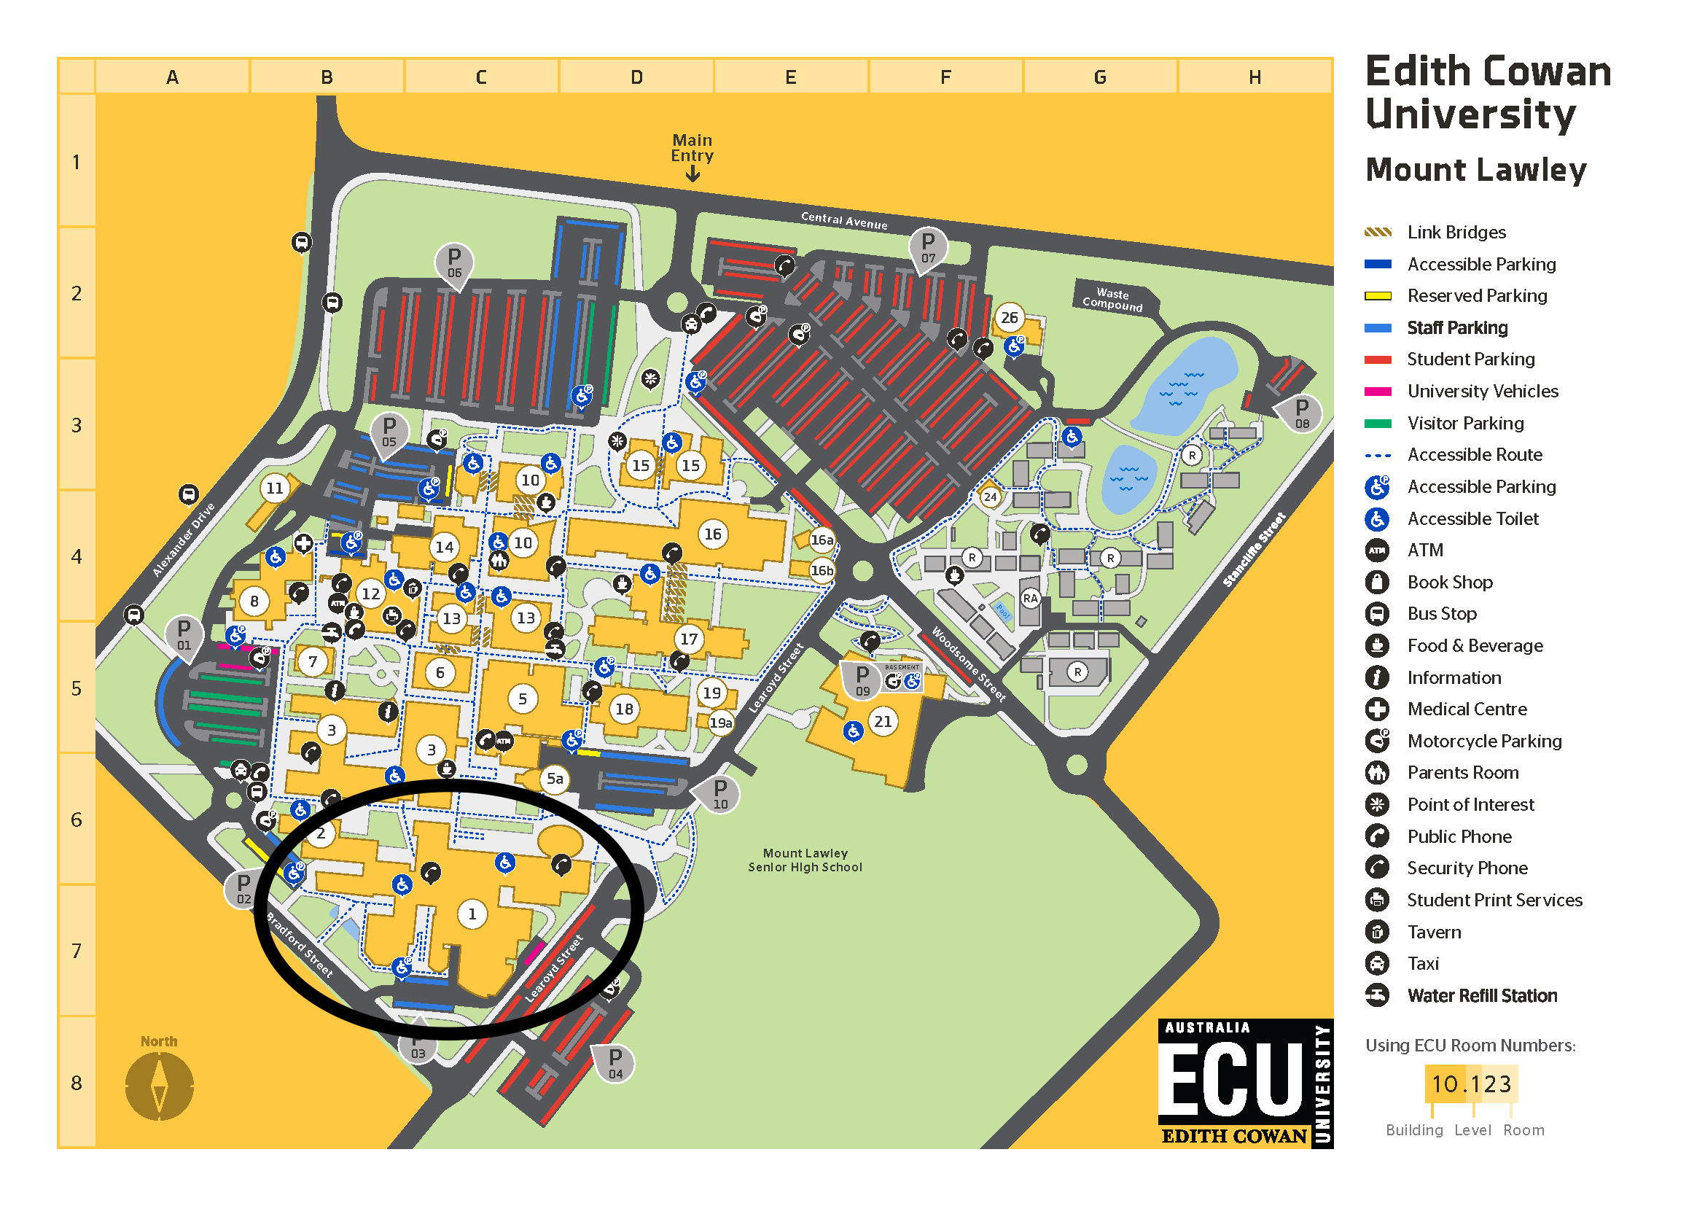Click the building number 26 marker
(x=1008, y=318)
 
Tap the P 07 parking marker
(x=927, y=246)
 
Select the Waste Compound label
(x=1112, y=299)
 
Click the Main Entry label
(x=692, y=148)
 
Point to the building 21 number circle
(x=882, y=721)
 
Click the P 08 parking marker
(x=1301, y=412)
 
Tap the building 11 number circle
(x=275, y=488)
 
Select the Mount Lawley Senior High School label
(x=805, y=860)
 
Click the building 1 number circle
(x=472, y=914)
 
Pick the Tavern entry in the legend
(x=1433, y=932)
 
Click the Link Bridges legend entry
(x=1456, y=233)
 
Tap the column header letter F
(x=945, y=77)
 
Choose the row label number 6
(x=77, y=819)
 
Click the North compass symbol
(x=159, y=1086)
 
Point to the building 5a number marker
(x=555, y=778)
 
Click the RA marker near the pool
(x=1030, y=599)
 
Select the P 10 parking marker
(x=719, y=793)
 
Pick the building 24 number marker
(x=990, y=497)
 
